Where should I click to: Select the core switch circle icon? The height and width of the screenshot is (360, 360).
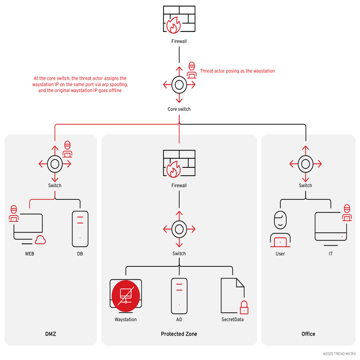[x=179, y=85]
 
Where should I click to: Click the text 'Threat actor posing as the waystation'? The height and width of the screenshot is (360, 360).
[x=237, y=71]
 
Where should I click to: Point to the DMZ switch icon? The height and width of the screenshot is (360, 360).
[x=55, y=164]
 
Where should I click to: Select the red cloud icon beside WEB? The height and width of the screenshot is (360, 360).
[x=40, y=241]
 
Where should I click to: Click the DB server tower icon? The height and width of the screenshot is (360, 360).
[x=80, y=229]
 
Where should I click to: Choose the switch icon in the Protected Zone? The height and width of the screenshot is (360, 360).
[x=179, y=229]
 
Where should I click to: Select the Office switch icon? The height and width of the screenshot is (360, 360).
[x=306, y=164]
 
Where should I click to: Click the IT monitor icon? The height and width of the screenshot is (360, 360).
[x=331, y=226]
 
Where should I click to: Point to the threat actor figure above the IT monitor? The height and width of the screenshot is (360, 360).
[x=346, y=212]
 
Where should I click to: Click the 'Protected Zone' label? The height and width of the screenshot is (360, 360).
[x=179, y=334]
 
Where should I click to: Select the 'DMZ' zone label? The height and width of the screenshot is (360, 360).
[x=51, y=334]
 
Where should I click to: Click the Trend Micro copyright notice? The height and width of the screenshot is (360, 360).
[x=339, y=353]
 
